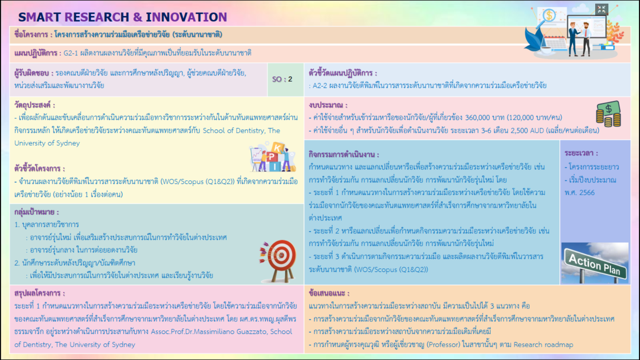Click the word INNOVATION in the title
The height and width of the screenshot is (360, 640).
click(x=186, y=17)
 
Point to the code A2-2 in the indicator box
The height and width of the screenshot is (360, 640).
click(x=320, y=86)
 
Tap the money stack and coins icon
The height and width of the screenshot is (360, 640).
click(x=608, y=114)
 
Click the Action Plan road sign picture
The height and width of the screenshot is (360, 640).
click(x=595, y=263)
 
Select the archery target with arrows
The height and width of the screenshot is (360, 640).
click(x=278, y=260)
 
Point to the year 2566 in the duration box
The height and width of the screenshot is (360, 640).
click(x=587, y=193)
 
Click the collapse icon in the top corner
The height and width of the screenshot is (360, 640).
click(x=602, y=10)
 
